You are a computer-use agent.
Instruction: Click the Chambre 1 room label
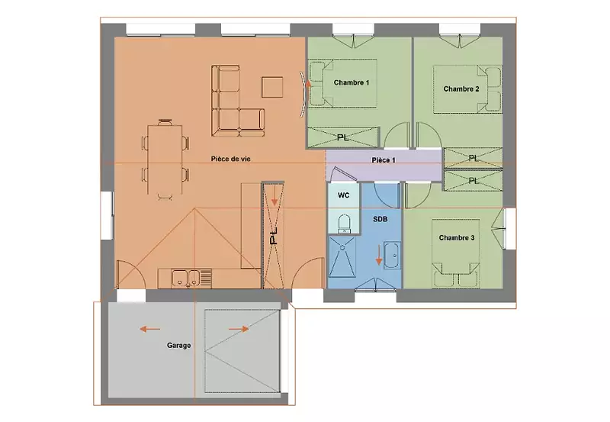pyautogui.click(x=352, y=82)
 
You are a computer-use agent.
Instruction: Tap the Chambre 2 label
pyautogui.click(x=461, y=89)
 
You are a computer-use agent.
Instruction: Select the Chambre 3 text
pyautogui.click(x=457, y=238)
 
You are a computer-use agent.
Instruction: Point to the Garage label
pyautogui.click(x=179, y=346)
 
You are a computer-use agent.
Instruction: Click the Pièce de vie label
pyautogui.click(x=231, y=159)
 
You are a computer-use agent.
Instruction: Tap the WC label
pyautogui.click(x=344, y=195)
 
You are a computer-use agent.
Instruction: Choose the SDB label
pyautogui.click(x=380, y=220)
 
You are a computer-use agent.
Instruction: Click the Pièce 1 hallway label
pyautogui.click(x=384, y=160)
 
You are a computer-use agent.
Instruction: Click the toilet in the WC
pyautogui.click(x=345, y=224)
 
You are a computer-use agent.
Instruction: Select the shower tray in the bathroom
pyautogui.click(x=342, y=256)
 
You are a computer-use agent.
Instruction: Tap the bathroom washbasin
pyautogui.click(x=392, y=255)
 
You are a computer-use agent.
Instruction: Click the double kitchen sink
pyautogui.click(x=186, y=279)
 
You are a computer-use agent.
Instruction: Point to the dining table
pyautogui.click(x=165, y=159)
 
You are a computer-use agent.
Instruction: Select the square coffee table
pyautogui.click(x=272, y=87)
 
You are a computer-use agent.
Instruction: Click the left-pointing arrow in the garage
pyautogui.click(x=149, y=330)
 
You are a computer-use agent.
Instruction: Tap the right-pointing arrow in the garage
pyautogui.click(x=239, y=329)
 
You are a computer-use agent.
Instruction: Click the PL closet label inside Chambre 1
pyautogui.click(x=342, y=137)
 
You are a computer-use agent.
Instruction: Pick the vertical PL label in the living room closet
pyautogui.click(x=274, y=236)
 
